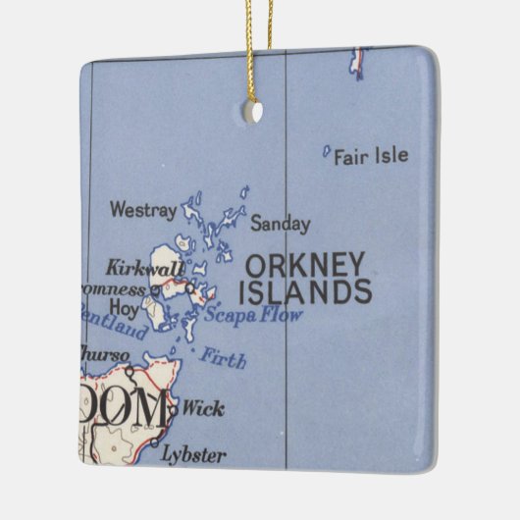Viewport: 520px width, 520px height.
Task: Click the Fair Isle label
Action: click(371, 156)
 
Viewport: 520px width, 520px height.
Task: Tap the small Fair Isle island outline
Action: click(327, 151)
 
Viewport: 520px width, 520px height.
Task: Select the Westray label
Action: click(143, 209)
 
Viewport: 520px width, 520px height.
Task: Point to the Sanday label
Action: click(280, 224)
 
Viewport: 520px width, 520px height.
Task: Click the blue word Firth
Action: click(224, 357)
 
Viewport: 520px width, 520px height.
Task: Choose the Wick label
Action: click(203, 408)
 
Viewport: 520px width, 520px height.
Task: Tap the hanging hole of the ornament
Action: click(253, 112)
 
